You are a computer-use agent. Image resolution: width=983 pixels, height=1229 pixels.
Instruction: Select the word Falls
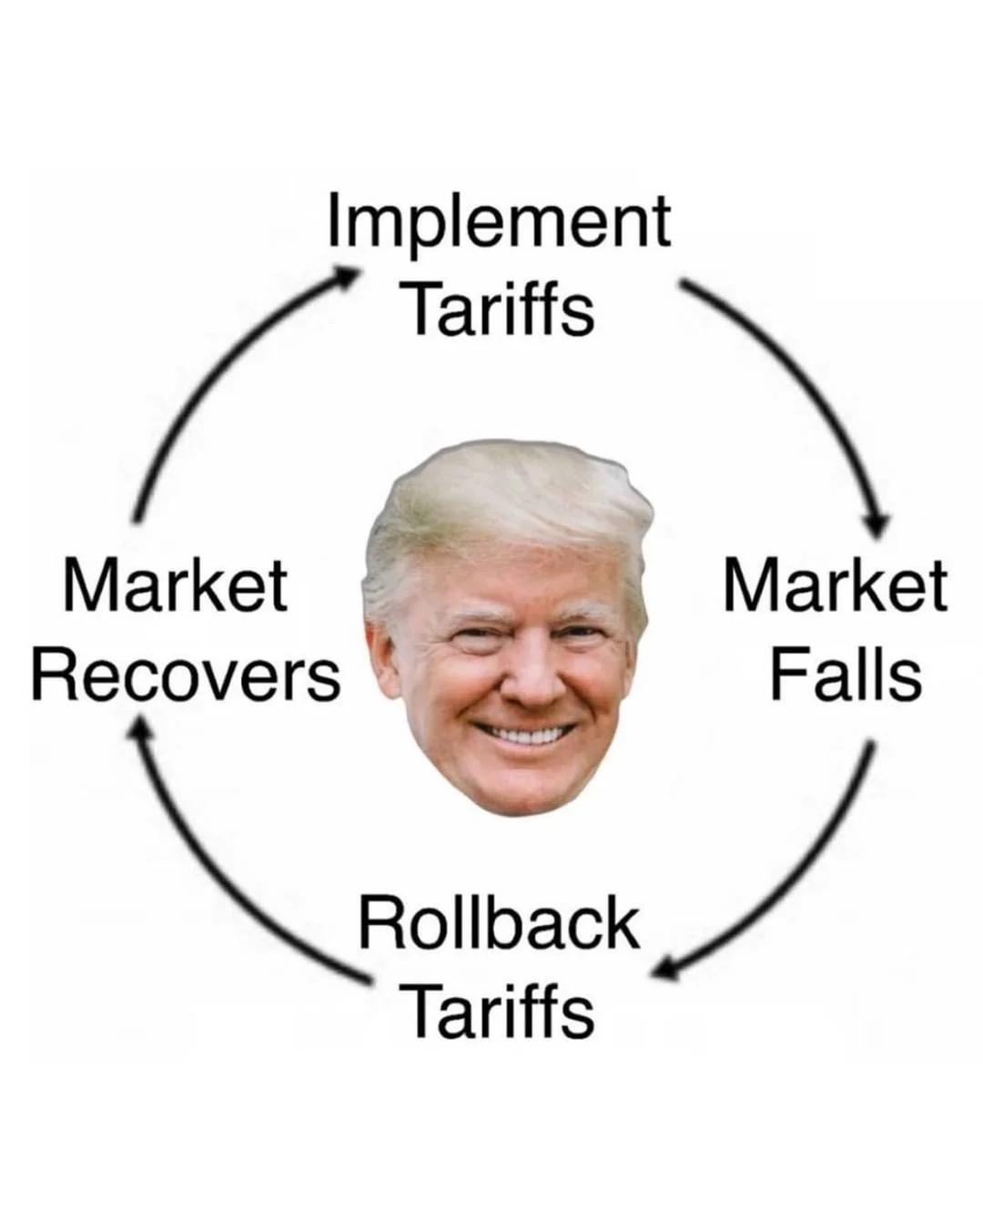point(846,676)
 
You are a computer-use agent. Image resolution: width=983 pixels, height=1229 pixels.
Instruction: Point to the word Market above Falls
point(835,587)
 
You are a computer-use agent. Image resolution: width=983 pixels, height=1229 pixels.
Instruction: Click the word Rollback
point(498,924)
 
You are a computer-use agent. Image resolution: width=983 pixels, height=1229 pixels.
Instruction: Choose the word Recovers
point(186,676)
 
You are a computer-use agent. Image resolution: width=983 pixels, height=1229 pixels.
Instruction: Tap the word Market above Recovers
point(175,587)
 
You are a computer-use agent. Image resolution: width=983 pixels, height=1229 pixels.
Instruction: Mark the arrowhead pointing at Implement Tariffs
point(347,274)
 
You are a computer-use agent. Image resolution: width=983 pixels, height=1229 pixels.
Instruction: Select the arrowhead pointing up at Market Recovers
point(137,726)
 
